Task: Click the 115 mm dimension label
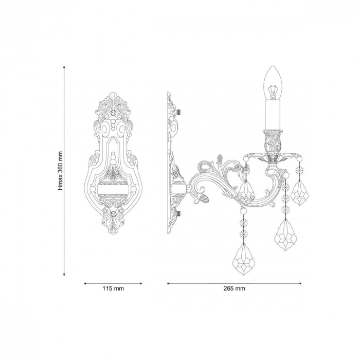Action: [x=113, y=289]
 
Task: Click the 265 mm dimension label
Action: [x=234, y=289]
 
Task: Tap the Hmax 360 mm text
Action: [x=60, y=171]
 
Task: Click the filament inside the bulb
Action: [x=273, y=92]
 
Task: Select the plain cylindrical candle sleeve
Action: [x=273, y=115]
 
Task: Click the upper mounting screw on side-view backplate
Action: [x=179, y=112]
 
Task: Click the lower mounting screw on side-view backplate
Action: [x=179, y=213]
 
